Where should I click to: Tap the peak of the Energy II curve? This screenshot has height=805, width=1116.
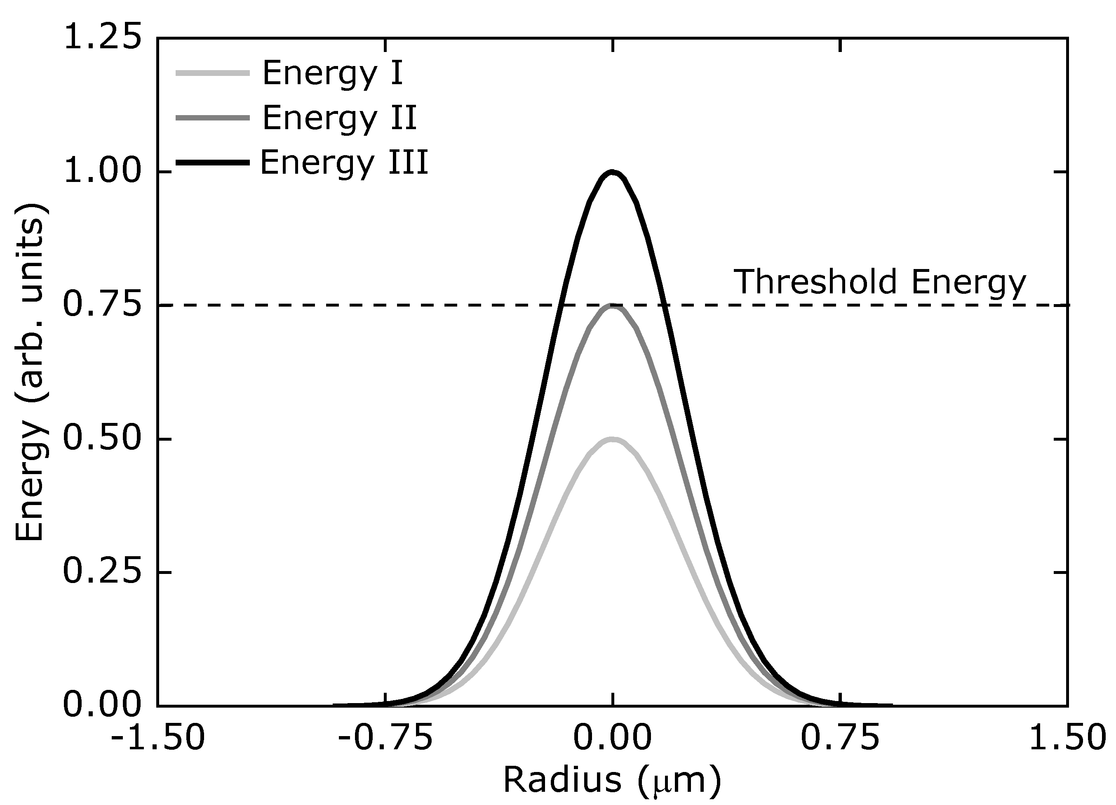[612, 306]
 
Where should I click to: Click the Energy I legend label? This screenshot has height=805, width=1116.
[333, 73]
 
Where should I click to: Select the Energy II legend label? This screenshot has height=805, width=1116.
[340, 118]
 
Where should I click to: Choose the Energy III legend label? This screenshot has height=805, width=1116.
[344, 163]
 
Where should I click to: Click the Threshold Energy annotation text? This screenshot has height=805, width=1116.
[880, 282]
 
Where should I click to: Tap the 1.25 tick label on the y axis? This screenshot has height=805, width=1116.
[102, 38]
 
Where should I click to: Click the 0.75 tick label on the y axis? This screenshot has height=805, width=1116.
[102, 305]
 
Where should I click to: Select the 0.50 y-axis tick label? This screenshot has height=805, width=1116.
[102, 439]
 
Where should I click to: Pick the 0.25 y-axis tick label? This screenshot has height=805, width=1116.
[102, 572]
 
